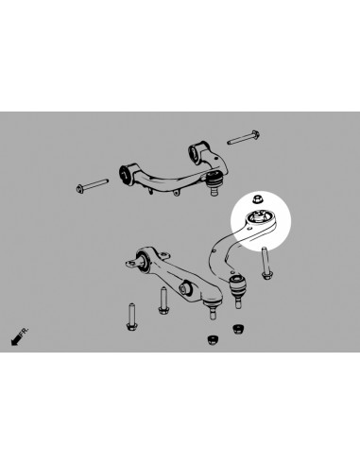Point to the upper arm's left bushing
[x=125, y=170]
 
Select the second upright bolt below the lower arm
[x=163, y=301]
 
